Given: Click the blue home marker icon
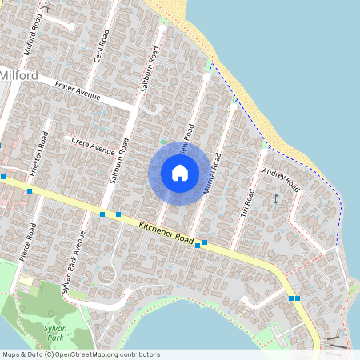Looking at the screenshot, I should click(x=180, y=173).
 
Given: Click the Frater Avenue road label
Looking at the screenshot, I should click(x=77, y=93).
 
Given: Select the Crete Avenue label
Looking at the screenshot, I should click(x=94, y=146).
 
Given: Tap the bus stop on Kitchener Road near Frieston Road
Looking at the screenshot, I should click(x=30, y=190).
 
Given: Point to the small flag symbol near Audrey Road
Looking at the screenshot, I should click(x=276, y=198).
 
